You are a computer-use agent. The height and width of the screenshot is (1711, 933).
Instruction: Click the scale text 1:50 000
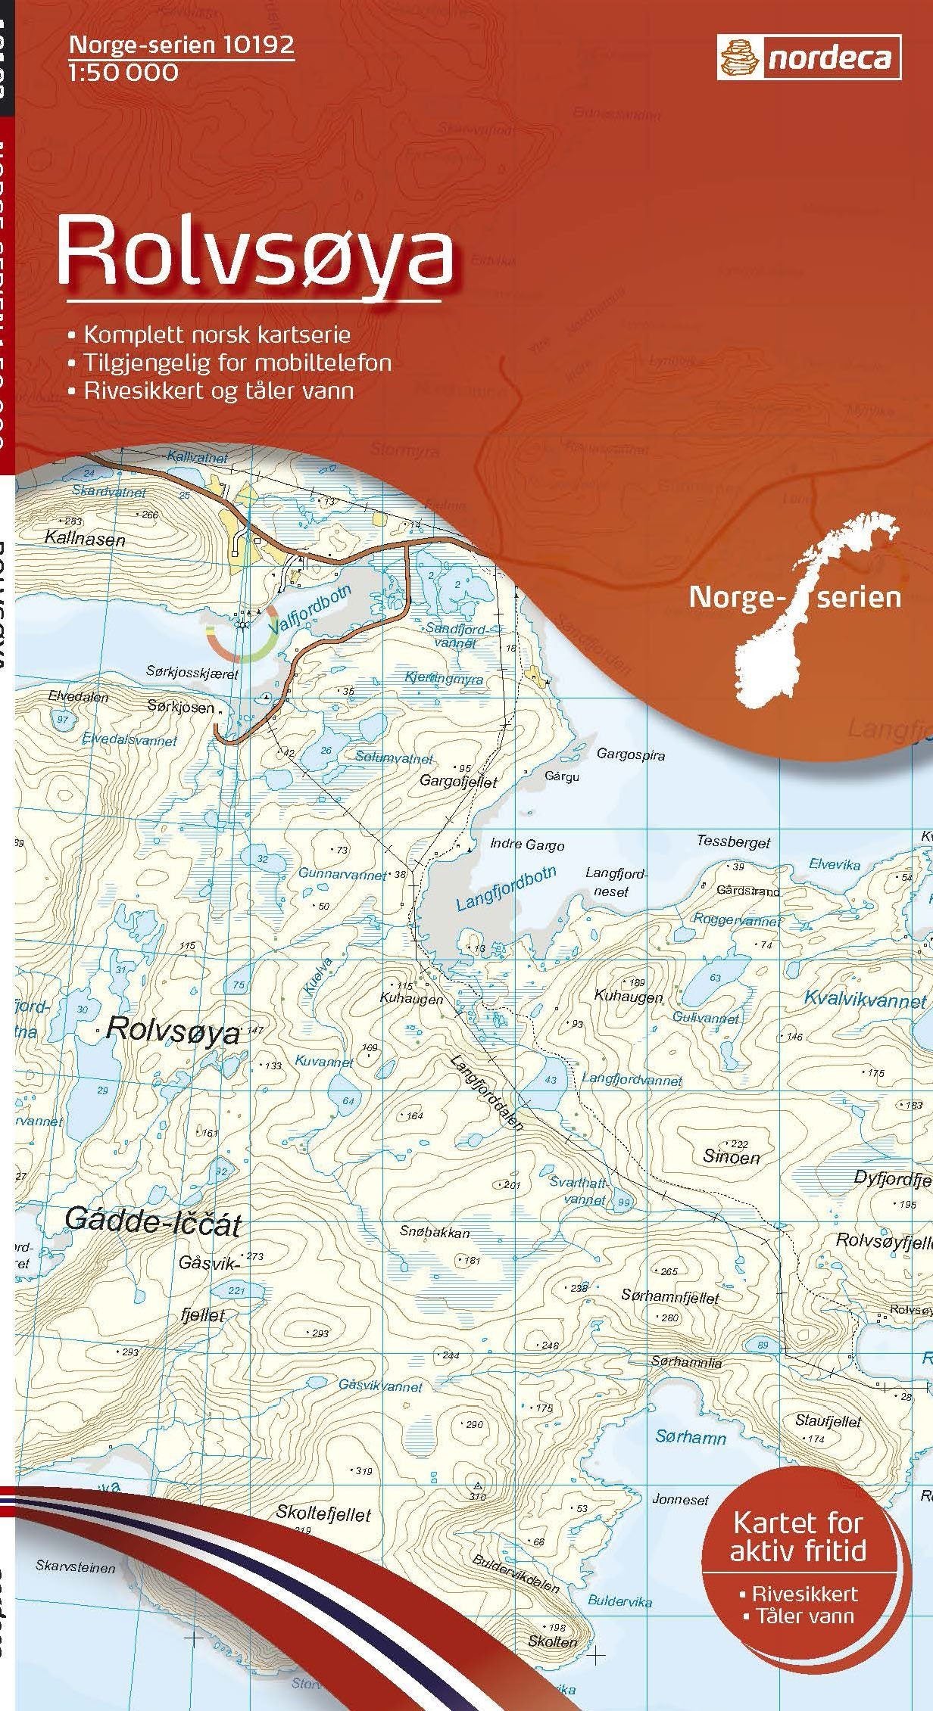click(x=123, y=73)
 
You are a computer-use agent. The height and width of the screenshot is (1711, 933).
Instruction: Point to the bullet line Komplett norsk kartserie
click(x=217, y=334)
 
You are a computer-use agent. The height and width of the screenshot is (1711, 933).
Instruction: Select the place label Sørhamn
click(x=690, y=1437)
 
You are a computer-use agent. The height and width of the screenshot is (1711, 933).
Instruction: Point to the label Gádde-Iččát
click(x=152, y=1221)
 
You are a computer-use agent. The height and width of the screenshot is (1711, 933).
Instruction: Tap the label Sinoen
click(x=731, y=1157)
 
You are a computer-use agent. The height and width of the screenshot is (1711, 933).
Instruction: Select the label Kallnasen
click(x=85, y=540)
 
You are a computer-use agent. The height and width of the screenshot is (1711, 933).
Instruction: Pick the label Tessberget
click(x=733, y=842)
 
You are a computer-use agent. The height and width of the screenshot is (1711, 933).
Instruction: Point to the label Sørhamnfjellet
click(x=669, y=1297)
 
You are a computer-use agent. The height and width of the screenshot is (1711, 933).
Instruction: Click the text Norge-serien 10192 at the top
click(x=181, y=46)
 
